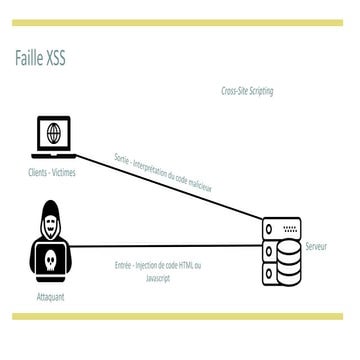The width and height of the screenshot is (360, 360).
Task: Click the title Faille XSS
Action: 42,58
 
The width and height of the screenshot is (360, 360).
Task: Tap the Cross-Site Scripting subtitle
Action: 247,91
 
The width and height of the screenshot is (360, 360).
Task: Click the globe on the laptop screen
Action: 52,132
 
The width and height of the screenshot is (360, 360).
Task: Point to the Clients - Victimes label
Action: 52,172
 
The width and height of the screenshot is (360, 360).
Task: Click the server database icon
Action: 279,250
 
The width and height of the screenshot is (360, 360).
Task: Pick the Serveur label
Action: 318,244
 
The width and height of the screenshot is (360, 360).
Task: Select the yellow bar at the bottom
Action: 180,316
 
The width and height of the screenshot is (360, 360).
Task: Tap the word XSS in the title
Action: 56,58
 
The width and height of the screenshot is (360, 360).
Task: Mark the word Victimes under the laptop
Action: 63,172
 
